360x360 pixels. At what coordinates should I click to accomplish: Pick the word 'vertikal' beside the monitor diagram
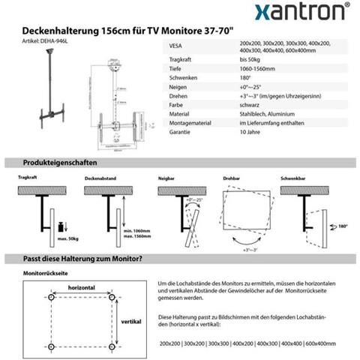coord(130,320)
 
